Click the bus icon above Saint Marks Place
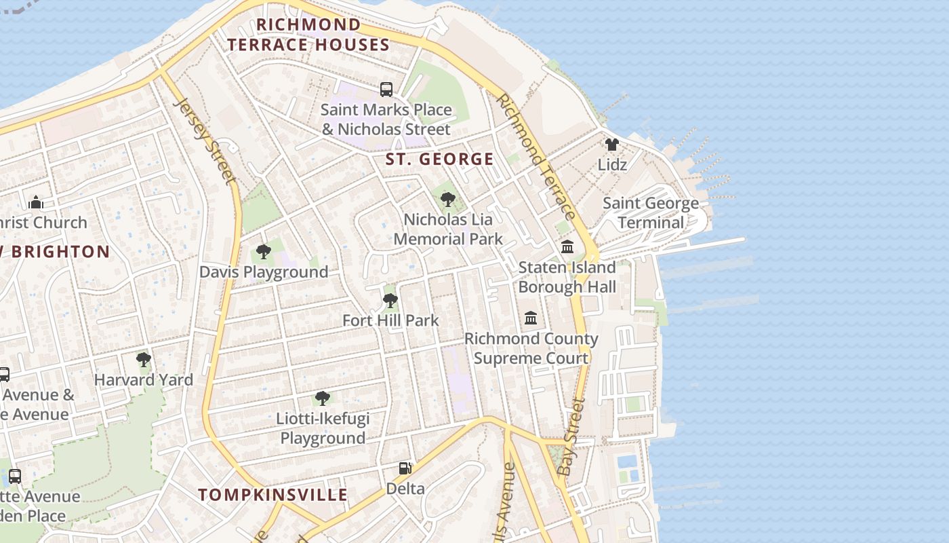[386, 89]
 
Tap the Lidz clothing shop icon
[612, 145]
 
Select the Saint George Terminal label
[651, 212]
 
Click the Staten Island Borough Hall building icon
[567, 246]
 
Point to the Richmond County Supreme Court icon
[531, 318]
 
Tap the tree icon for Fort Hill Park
[390, 300]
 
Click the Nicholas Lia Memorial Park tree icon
[447, 200]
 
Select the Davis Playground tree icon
[264, 252]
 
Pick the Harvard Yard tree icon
[143, 360]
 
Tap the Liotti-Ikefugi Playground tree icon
[323, 398]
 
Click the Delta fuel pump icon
[405, 468]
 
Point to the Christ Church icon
[36, 202]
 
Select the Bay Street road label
[571, 436]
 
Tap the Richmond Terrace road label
[536, 156]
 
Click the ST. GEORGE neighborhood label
[439, 160]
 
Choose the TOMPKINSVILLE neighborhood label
[273, 495]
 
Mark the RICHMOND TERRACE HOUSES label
[308, 35]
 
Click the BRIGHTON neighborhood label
[58, 252]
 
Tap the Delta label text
[405, 488]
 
